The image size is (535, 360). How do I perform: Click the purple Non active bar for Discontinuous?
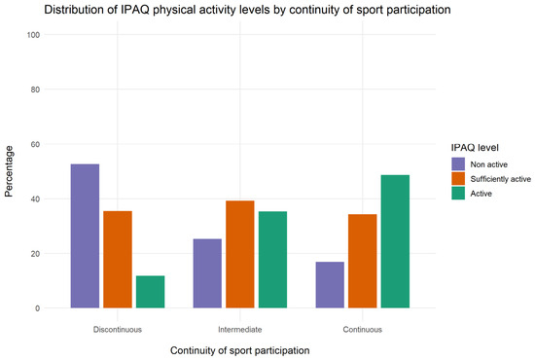pos(85,235)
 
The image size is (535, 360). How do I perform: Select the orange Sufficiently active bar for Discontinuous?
pos(118,260)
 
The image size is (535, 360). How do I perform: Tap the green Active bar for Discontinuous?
pos(150,292)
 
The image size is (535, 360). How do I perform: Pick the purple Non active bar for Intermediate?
pos(207,273)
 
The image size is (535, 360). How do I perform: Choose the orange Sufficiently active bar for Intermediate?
pos(240,254)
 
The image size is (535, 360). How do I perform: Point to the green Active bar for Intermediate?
pos(272,260)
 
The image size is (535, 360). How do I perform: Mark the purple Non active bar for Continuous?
pos(330,285)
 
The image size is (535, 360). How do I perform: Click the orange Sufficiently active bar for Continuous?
pos(363,261)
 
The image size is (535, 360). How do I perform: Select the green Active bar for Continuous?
pos(395,241)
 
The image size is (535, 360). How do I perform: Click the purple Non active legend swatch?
pos(458,164)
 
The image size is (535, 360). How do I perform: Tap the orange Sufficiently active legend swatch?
pos(458,178)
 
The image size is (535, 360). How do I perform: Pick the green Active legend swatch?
pos(458,194)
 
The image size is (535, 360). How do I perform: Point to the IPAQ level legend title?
pos(475,148)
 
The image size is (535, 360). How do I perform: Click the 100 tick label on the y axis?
pos(33,35)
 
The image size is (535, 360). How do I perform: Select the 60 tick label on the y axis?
pos(35,144)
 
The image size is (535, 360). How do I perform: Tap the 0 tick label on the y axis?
pos(38,308)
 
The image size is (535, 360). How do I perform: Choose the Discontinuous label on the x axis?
pos(118,330)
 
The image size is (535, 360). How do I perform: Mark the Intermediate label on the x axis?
pos(240,330)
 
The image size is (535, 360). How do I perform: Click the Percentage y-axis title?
pos(9,171)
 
